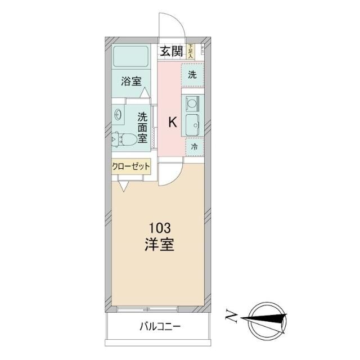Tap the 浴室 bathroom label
[132, 80]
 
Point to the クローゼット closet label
[130, 166]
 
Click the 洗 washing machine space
[192, 74]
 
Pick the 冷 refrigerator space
[193, 146]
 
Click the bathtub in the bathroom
[131, 57]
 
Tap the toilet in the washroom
[123, 138]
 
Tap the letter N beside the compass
[231, 319]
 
